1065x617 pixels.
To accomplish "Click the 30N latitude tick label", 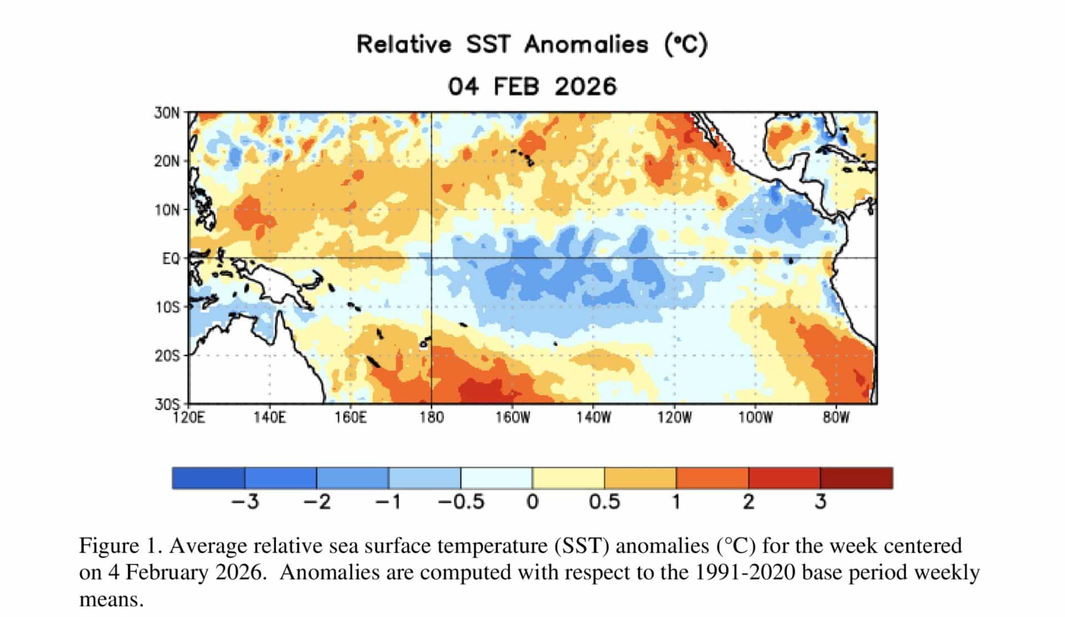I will tap(167, 113).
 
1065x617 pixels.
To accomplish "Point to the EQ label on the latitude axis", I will tap(171, 259).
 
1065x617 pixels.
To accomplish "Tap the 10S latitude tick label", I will tap(168, 307).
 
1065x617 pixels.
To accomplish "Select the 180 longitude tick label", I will tap(432, 417).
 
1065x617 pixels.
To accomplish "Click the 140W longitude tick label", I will tap(594, 417).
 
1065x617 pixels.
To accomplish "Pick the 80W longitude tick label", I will tap(836, 417).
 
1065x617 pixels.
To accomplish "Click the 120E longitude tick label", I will tap(189, 417).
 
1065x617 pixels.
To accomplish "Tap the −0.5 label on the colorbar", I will tap(461, 502).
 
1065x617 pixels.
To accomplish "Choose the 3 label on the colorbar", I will tap(820, 502).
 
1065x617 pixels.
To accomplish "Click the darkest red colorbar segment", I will tap(856, 478).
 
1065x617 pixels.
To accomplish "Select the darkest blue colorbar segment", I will tap(209, 478).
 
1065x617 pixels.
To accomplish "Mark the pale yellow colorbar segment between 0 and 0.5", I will tap(568, 478).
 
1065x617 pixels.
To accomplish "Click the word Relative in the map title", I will tap(404, 45).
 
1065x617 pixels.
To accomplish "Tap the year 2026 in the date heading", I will tap(585, 87).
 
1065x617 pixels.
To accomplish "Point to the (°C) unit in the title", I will tap(686, 45).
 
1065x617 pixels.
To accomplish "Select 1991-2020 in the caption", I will tap(737, 573).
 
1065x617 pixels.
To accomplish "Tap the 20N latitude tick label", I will tap(167, 162).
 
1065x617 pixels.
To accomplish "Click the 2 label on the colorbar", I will tap(748, 502).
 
